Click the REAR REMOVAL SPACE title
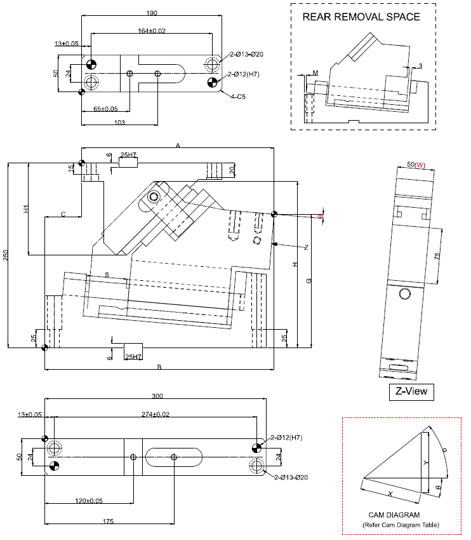click(361, 17)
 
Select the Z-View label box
click(411, 392)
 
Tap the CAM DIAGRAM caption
click(394, 515)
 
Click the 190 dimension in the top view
click(152, 13)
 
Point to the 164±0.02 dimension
click(152, 30)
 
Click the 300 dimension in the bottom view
click(157, 396)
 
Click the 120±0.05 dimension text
click(89, 501)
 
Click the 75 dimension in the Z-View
click(438, 255)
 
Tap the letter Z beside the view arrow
click(306, 247)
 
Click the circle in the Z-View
click(405, 294)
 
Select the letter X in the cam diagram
click(390, 493)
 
